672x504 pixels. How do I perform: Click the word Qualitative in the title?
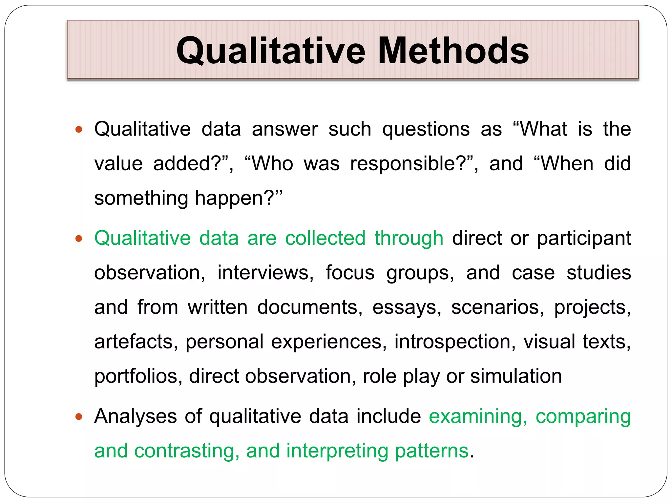tap(271, 51)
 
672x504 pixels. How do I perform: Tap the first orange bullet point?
tap(79, 130)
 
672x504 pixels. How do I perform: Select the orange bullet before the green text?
tap(79, 239)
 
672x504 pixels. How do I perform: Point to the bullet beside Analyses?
tap(79, 417)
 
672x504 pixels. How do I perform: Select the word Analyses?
tap(136, 417)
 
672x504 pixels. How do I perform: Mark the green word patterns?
tap(431, 451)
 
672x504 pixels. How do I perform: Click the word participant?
tap(584, 239)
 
